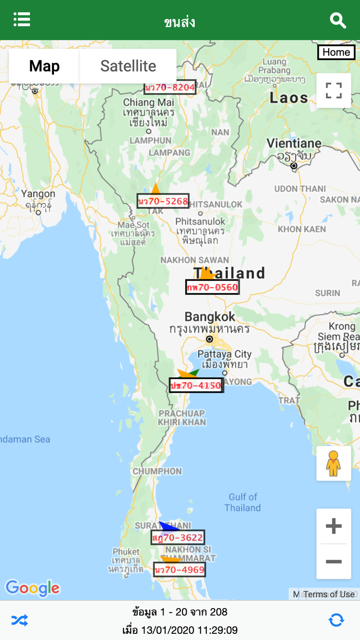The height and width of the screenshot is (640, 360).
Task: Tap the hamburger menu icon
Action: click(x=22, y=20)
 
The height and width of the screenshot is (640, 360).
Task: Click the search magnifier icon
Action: click(x=337, y=21)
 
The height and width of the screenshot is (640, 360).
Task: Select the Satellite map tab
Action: click(x=128, y=66)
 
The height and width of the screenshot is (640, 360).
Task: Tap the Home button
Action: click(x=336, y=52)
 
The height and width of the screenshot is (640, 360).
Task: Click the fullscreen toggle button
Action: click(x=334, y=91)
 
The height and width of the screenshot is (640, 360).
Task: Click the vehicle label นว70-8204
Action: click(x=170, y=87)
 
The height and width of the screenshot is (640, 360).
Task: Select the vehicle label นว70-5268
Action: click(x=163, y=201)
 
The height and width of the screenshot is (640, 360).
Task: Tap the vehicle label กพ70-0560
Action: click(x=212, y=287)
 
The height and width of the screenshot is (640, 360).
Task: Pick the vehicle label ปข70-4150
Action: click(x=196, y=385)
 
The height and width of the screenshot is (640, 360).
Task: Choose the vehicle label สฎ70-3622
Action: click(x=178, y=538)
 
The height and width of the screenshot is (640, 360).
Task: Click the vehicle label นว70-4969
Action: click(x=179, y=570)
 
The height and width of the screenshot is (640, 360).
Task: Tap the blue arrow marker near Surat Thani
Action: click(x=168, y=526)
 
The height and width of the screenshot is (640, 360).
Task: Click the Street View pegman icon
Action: click(x=333, y=464)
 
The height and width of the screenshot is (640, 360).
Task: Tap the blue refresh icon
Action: click(x=336, y=620)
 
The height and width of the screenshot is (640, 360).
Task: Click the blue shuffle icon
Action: click(x=20, y=620)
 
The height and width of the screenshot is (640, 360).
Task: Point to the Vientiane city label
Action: click(x=294, y=144)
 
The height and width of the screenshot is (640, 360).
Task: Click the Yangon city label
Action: click(x=38, y=194)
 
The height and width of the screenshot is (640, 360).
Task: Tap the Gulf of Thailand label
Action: click(x=243, y=502)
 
